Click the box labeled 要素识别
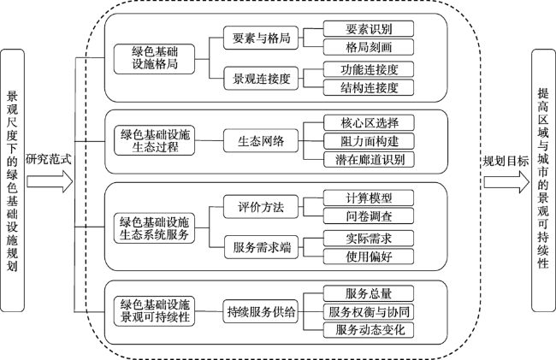(x=369, y=29)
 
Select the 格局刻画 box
(x=369, y=47)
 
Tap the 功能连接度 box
(x=369, y=69)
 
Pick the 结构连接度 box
(x=369, y=87)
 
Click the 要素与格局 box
(x=261, y=38)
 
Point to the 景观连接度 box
(x=261, y=79)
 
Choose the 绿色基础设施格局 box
(x=154, y=59)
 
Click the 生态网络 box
(x=261, y=141)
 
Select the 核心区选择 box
(x=369, y=122)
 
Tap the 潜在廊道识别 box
(x=369, y=159)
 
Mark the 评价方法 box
(x=261, y=207)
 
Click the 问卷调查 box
(x=369, y=215)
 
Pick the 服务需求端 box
(x=262, y=247)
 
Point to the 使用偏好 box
(x=369, y=257)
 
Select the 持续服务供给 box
(x=261, y=311)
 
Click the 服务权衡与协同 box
(x=369, y=312)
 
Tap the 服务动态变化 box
(x=369, y=330)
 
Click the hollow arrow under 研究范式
(x=50, y=182)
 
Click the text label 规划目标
(x=506, y=162)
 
